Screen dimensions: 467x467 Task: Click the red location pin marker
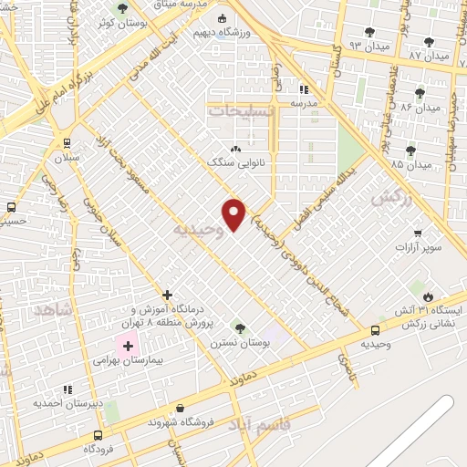pyautogui.click(x=234, y=214)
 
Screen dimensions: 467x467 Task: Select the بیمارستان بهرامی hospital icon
pyautogui.click(x=127, y=345)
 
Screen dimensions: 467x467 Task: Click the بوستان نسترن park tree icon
pyautogui.click(x=240, y=327)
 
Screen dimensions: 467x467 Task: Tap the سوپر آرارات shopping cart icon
pyautogui.click(x=418, y=233)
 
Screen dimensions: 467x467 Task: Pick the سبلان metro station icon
pyautogui.click(x=67, y=142)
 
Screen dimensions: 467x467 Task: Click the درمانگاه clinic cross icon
pyautogui.click(x=168, y=295)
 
